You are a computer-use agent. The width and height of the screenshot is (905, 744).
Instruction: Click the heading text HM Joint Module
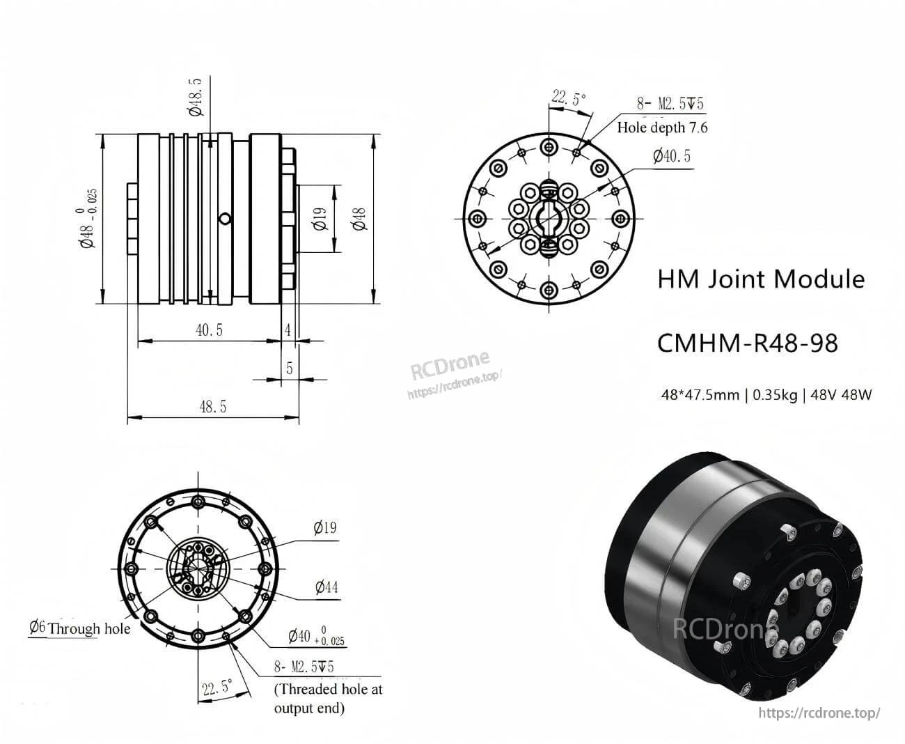(x=761, y=279)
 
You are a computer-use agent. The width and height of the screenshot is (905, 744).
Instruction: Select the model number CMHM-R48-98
(x=748, y=343)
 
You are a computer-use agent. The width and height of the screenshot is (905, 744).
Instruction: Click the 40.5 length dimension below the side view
(x=209, y=330)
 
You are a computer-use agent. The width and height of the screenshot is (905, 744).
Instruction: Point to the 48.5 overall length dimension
(x=212, y=406)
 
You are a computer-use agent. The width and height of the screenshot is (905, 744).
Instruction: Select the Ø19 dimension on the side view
(x=320, y=219)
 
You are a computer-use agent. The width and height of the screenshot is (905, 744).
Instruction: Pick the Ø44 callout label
(x=326, y=587)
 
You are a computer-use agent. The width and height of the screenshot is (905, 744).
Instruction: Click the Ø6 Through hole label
(x=79, y=628)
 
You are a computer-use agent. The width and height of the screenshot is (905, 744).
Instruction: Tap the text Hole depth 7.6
(x=662, y=127)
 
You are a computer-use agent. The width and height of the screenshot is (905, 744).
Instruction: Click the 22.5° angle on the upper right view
(x=569, y=98)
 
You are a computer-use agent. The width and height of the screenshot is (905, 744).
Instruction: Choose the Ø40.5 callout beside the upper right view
(x=671, y=155)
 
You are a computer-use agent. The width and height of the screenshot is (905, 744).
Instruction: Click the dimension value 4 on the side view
(x=288, y=330)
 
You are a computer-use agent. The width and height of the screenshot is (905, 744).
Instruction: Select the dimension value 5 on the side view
(x=290, y=368)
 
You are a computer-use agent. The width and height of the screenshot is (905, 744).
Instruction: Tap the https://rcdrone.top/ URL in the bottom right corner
(x=819, y=713)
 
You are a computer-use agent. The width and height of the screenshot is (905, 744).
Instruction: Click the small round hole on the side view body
(x=224, y=219)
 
